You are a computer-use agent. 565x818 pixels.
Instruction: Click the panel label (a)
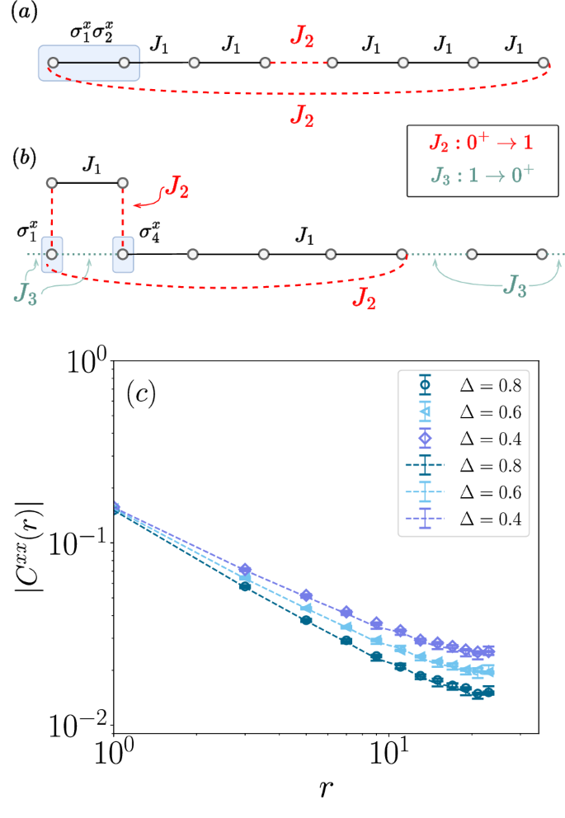coord(20,16)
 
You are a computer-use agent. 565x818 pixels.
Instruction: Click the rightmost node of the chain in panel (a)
coord(543,63)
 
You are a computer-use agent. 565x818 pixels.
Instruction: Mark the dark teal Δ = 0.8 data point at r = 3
coord(244,586)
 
